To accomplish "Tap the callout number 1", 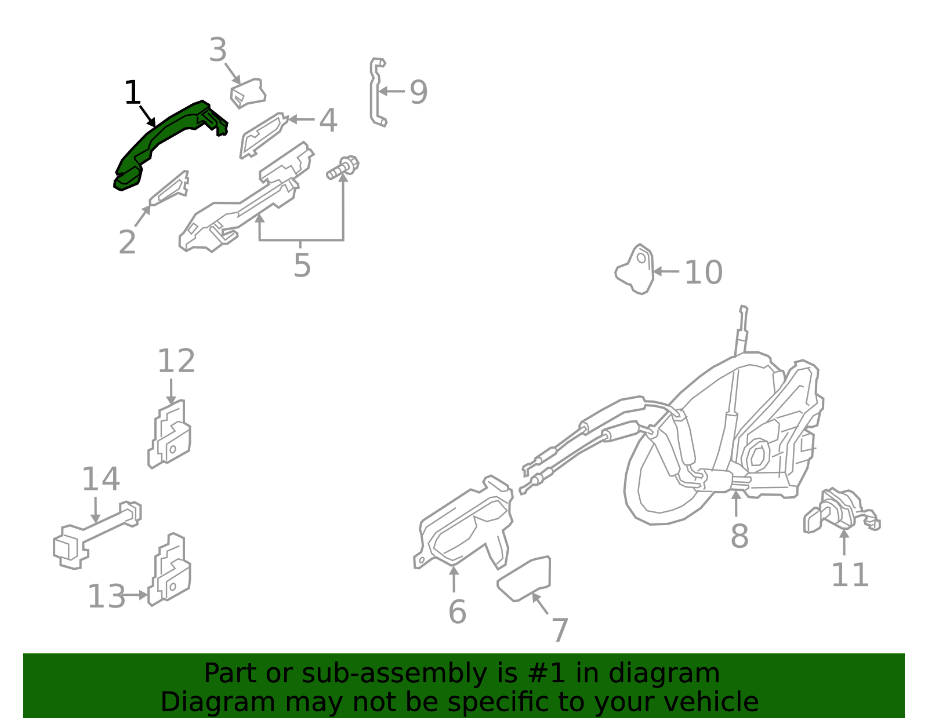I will [133, 93].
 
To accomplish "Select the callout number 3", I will [217, 50].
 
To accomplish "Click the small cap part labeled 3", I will [248, 93].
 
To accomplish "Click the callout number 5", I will [302, 265].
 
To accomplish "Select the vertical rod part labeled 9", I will [377, 93].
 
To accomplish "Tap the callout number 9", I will [418, 92].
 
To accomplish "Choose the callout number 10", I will [704, 272].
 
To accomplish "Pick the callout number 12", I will [176, 361].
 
